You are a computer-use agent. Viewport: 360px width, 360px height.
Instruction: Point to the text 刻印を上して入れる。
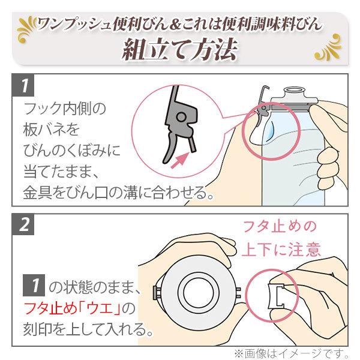click(85, 330)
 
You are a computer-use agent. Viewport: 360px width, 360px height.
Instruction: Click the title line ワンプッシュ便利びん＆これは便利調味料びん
click(180, 24)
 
